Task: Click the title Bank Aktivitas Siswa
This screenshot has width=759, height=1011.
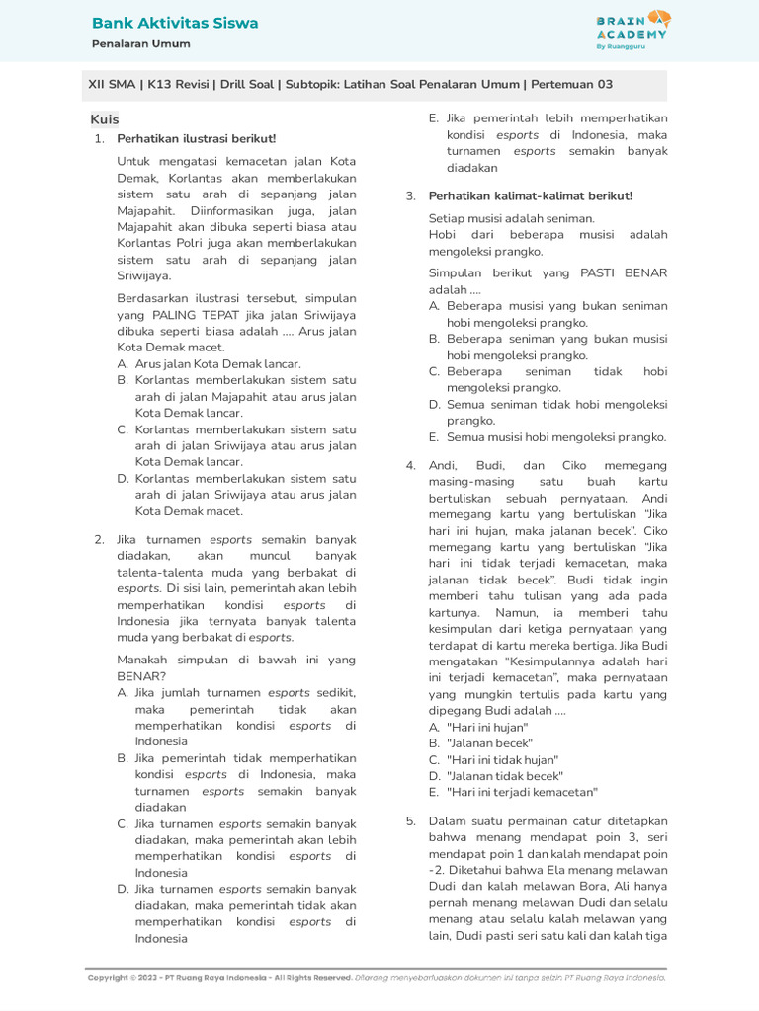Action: [x=175, y=23]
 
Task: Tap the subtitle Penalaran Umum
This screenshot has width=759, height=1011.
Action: [x=140, y=44]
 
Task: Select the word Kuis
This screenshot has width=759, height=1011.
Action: [x=105, y=119]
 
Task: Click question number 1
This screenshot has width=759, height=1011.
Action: [x=100, y=138]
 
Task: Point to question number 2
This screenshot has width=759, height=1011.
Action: [x=100, y=539]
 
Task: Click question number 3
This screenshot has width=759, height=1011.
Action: [x=411, y=195]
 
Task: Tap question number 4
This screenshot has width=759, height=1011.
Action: [x=411, y=465]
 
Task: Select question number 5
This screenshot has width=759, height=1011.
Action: [x=411, y=820]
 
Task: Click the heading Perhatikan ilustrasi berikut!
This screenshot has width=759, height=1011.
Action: [x=197, y=138]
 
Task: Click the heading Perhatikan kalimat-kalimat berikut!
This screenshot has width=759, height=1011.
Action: [x=530, y=195]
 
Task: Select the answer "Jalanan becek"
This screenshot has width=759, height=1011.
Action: [x=489, y=742]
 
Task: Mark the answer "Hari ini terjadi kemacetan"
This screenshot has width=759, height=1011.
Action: [x=522, y=792]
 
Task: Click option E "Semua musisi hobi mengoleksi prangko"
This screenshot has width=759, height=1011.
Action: [x=556, y=437]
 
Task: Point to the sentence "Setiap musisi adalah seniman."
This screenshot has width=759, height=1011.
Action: [x=512, y=218]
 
